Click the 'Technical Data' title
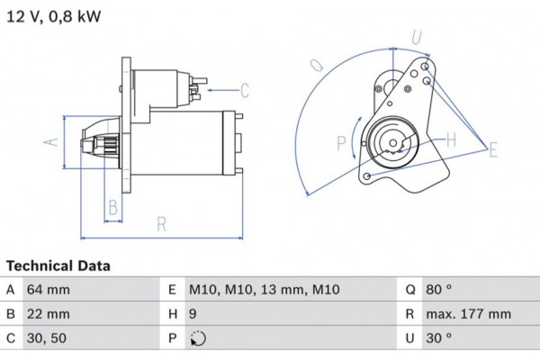tap(58, 266)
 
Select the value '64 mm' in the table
tap(49, 290)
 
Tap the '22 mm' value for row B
tap(49, 315)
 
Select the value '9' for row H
tap(193, 315)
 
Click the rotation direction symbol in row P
tap(198, 339)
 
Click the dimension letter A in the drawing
tap(52, 141)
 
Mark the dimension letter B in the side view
tap(112, 208)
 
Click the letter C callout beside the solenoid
tap(244, 89)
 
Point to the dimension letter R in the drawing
tap(161, 225)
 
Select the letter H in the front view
tap(451, 139)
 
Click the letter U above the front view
tap(416, 37)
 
